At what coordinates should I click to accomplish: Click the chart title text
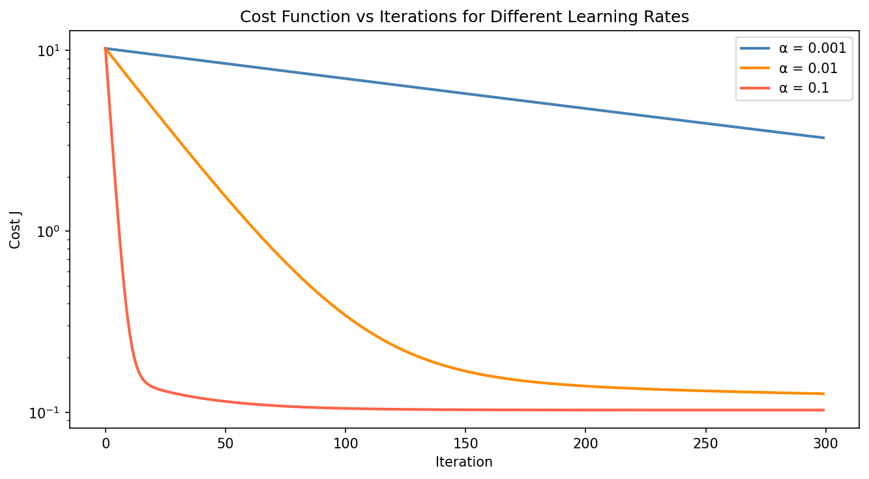coord(464,18)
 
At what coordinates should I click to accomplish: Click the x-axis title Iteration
coord(464,463)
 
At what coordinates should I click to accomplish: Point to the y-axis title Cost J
coord(15,230)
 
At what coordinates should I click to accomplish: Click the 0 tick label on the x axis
coord(106,443)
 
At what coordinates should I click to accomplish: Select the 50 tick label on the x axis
coord(225,443)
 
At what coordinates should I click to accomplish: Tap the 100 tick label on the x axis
coord(345,443)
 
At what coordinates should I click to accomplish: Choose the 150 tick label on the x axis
coord(465,443)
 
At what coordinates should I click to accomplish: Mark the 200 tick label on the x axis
coord(585,443)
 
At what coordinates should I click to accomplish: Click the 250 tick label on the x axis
coord(705,443)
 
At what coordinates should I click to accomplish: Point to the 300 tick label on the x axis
coord(825,443)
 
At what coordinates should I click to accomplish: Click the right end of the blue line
coord(824,138)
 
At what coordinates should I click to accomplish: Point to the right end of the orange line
coord(824,394)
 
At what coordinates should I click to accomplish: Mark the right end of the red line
coord(824,410)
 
